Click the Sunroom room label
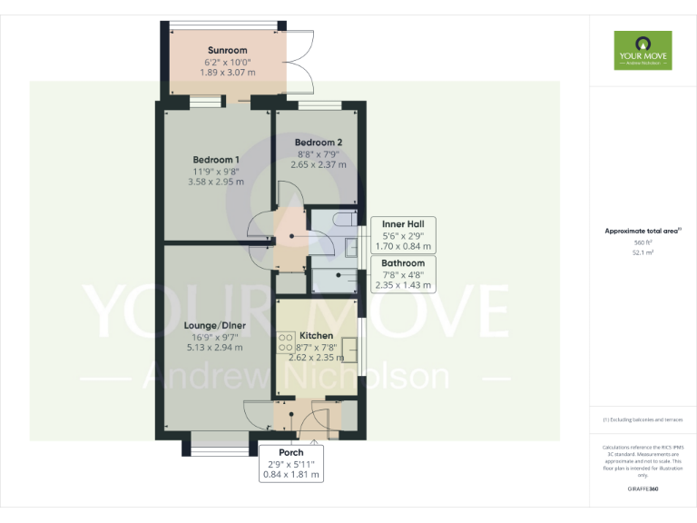[x=227, y=50]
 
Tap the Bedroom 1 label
[x=216, y=160]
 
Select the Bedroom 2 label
[x=319, y=143]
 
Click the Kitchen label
[x=316, y=336]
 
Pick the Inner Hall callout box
[x=404, y=234]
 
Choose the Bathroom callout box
[x=403, y=274]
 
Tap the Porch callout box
[x=291, y=463]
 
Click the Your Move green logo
[x=643, y=50]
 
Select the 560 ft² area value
[x=643, y=242]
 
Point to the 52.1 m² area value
[x=643, y=252]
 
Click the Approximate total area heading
[x=643, y=231]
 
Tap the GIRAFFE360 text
[x=643, y=489]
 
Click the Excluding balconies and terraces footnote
[x=643, y=419]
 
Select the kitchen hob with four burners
[x=285, y=343]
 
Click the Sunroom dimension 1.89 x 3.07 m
[x=227, y=72]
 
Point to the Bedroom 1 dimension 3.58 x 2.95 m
[x=216, y=182]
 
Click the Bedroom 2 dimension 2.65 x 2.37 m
[x=319, y=164]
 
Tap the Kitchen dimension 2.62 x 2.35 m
[x=316, y=358]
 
